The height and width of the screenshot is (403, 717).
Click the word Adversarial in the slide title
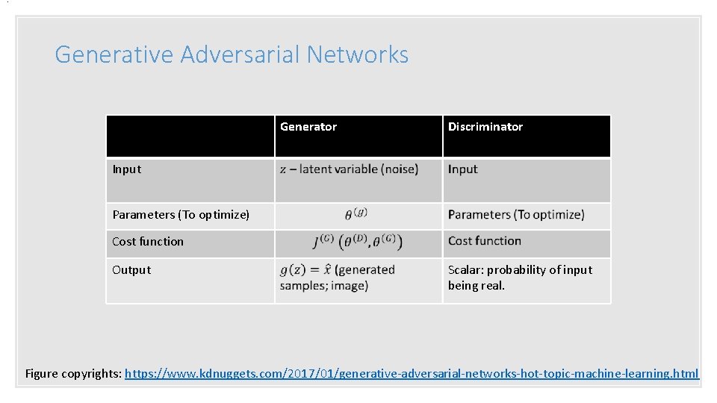[239, 54]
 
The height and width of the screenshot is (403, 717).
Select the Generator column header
[308, 127]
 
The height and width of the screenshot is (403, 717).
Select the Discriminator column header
[485, 127]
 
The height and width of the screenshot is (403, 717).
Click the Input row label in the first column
[126, 169]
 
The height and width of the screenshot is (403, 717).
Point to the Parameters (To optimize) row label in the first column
[181, 215]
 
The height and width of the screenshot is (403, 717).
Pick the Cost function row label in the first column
[147, 242]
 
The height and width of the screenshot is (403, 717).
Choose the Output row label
[131, 270]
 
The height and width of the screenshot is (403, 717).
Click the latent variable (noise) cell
[349, 169]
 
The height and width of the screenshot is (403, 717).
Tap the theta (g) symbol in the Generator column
[356, 215]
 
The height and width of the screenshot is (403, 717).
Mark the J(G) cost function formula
[358, 242]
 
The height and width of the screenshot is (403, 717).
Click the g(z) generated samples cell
[337, 278]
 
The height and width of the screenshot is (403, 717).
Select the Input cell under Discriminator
[462, 169]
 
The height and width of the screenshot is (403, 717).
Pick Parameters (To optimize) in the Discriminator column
[516, 215]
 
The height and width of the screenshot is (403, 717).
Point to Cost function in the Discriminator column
[485, 241]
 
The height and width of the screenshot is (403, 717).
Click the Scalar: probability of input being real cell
[520, 278]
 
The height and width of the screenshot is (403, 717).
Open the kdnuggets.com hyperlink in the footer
[412, 373]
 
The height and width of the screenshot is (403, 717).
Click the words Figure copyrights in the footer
[73, 373]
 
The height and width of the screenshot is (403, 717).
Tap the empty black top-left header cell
[190, 136]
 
